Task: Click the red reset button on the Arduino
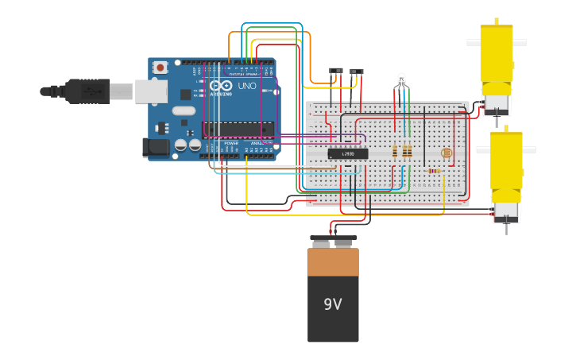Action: (x=160, y=68)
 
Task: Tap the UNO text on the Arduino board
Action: (x=247, y=85)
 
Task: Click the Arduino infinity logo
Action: (x=222, y=85)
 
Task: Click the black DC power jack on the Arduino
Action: (x=156, y=147)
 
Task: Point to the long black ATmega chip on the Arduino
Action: (x=238, y=129)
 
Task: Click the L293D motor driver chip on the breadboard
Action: (x=348, y=153)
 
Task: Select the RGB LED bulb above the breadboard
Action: (x=400, y=79)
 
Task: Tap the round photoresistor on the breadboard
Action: (x=446, y=153)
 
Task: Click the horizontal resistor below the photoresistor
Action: (x=434, y=170)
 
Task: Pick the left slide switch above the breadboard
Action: (x=336, y=72)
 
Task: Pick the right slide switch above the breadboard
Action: (x=356, y=72)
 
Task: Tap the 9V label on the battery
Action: (x=333, y=304)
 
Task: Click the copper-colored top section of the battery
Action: (x=333, y=261)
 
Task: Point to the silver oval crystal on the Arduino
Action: (x=183, y=111)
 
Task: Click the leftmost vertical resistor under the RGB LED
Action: (x=395, y=151)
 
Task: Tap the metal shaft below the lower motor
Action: (x=506, y=229)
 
